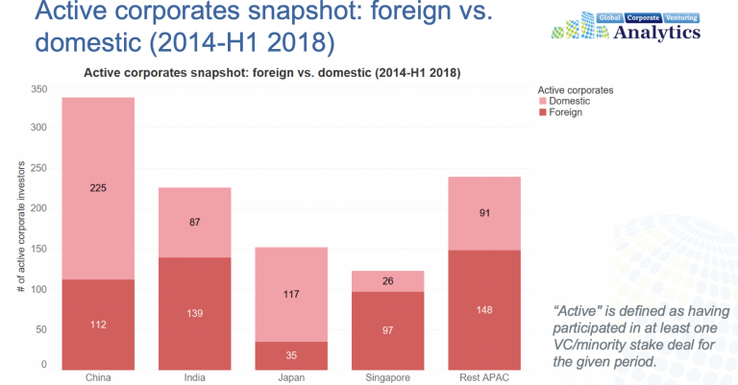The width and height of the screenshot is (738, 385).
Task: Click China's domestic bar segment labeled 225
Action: click(x=98, y=188)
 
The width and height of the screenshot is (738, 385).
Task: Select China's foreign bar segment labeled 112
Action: click(x=98, y=325)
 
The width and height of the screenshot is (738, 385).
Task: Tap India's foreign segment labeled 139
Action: click(x=194, y=313)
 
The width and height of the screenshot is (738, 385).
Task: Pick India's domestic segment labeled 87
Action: click(x=194, y=222)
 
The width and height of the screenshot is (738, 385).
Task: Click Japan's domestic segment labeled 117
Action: click(x=291, y=295)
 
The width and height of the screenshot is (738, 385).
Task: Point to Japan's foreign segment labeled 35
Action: click(x=291, y=355)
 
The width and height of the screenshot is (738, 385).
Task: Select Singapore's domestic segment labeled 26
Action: click(x=387, y=281)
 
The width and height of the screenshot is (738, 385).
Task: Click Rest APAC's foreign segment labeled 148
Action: click(x=483, y=309)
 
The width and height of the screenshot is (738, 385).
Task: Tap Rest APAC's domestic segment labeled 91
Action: click(x=483, y=213)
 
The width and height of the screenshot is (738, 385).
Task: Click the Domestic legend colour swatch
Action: click(x=543, y=101)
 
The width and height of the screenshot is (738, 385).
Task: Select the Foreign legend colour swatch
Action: click(x=543, y=112)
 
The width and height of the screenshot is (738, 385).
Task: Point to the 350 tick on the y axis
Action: click(x=38, y=88)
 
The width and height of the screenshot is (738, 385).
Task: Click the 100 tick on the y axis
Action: click(x=38, y=288)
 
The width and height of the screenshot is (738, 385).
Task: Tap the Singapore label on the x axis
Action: click(x=387, y=377)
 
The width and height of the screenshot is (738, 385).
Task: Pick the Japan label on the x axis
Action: click(x=291, y=377)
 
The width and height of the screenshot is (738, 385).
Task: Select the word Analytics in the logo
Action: click(x=654, y=33)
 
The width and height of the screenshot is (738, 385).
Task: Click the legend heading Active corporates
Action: click(x=575, y=88)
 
